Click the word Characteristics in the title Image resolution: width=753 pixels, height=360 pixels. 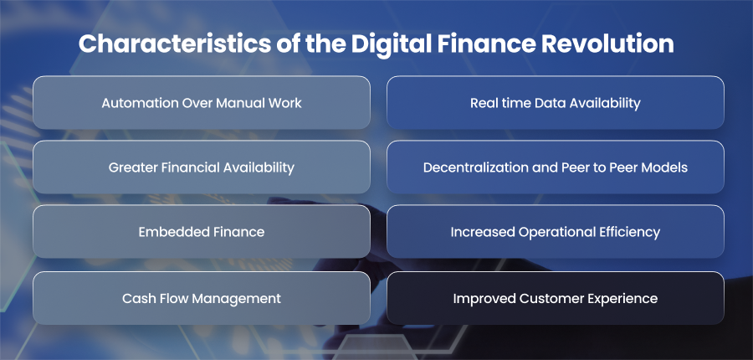click(175, 44)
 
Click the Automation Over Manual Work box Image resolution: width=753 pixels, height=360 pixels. click(202, 102)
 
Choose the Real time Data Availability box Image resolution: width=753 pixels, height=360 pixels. click(556, 102)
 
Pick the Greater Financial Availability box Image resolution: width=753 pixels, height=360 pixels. click(202, 167)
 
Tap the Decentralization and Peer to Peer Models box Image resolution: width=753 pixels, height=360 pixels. click(556, 167)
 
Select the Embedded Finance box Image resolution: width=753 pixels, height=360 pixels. click(202, 232)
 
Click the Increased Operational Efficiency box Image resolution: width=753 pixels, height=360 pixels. click(556, 232)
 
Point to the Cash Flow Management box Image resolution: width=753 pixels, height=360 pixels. click(202, 298)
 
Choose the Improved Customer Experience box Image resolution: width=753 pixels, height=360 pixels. click(556, 298)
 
